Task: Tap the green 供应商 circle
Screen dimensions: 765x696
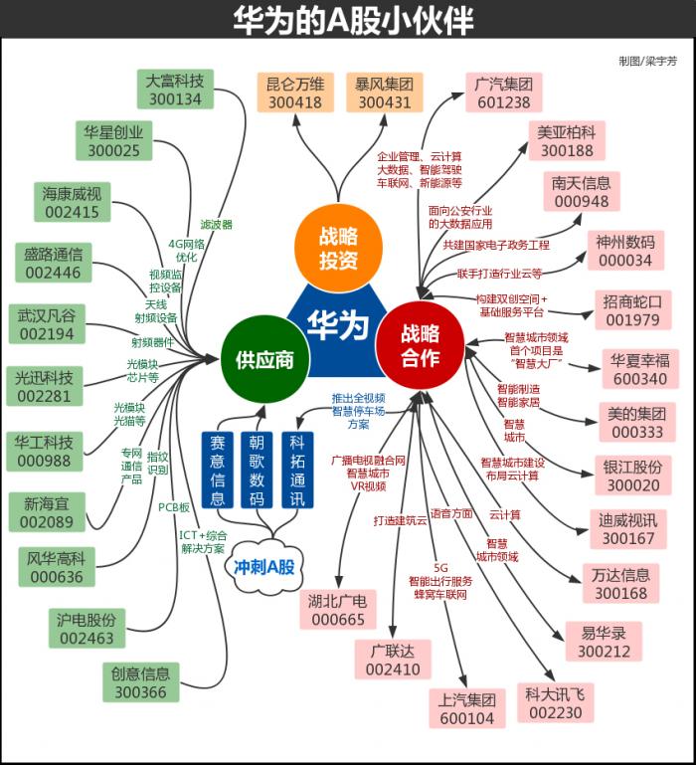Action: pos(263,359)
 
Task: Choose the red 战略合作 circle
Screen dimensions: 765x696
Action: pos(420,345)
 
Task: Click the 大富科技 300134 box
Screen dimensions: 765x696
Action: pos(174,89)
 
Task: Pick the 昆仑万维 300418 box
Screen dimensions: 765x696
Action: pos(294,93)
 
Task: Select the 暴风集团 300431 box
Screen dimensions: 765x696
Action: pos(384,93)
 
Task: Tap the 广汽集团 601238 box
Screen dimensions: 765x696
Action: pos(503,93)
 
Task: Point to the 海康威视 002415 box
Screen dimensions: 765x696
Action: pos(72,202)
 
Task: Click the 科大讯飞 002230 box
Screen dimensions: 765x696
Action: pos(555,703)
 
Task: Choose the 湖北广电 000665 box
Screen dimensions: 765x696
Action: pos(338,609)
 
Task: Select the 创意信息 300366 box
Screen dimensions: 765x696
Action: pos(141,682)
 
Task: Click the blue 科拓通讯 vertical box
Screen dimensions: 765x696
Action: pos(297,470)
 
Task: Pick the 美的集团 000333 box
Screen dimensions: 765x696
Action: pos(637,422)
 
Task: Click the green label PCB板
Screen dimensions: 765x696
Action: pos(174,507)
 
